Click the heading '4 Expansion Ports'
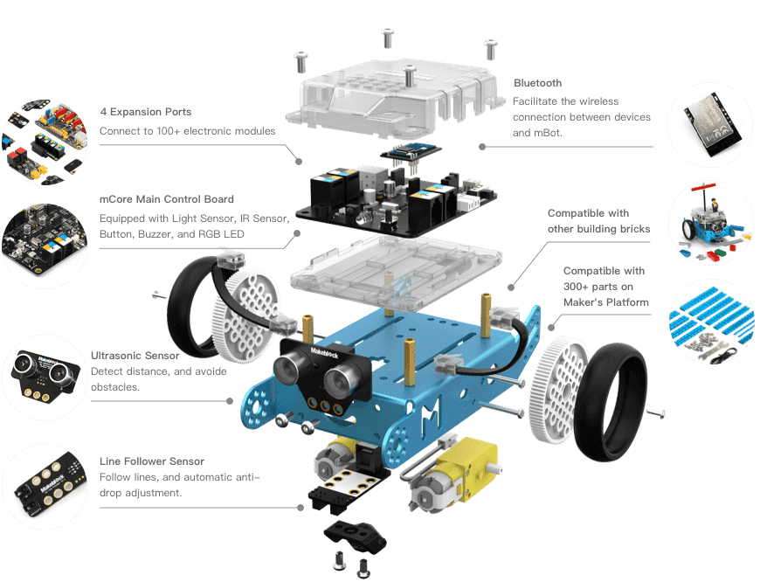(x=146, y=112)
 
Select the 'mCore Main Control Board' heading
(x=167, y=199)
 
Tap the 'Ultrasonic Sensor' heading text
(x=135, y=356)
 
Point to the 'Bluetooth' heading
(x=537, y=83)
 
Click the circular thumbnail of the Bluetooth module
(x=709, y=124)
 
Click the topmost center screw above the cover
(x=388, y=37)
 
